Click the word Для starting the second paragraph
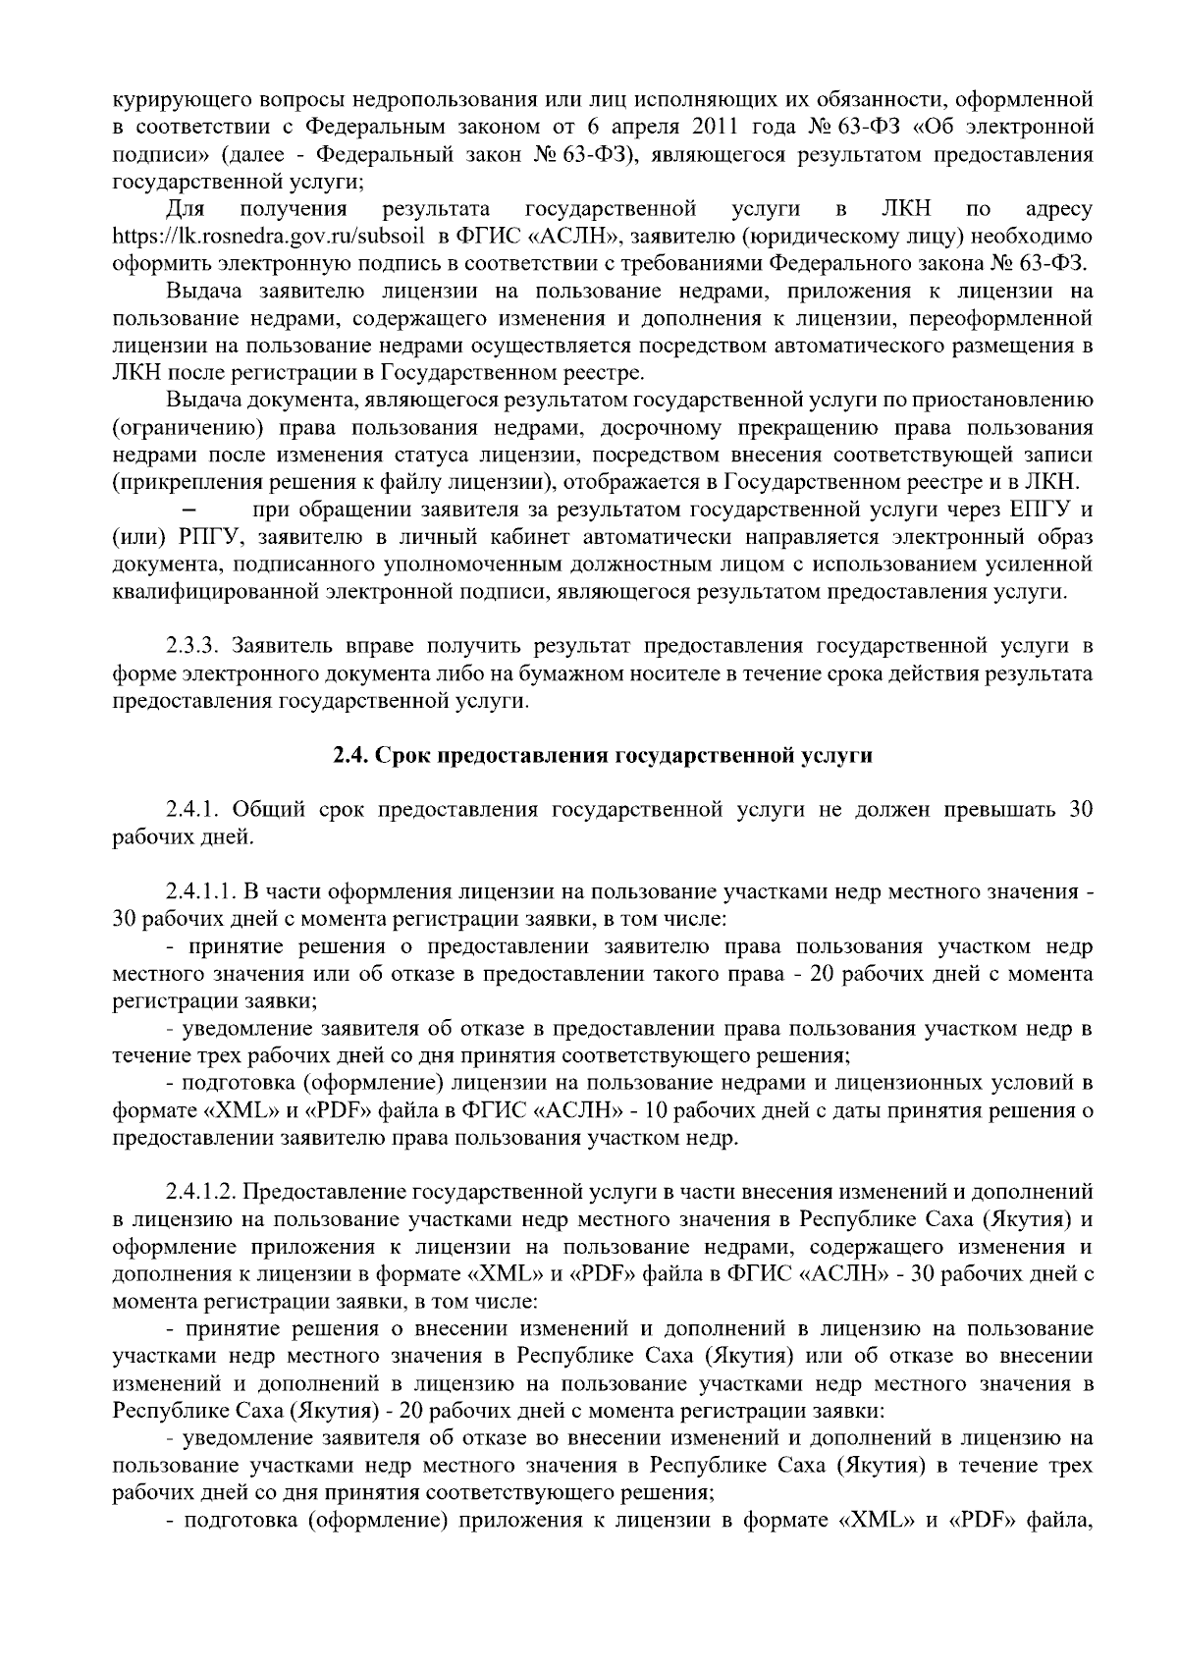(x=184, y=208)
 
